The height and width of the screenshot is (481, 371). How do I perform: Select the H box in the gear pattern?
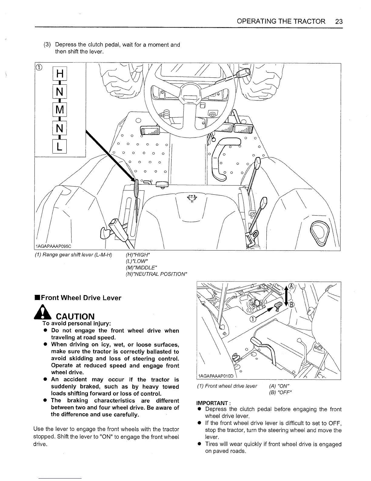click(x=60, y=74)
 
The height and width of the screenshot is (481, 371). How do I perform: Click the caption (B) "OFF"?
click(x=280, y=393)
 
